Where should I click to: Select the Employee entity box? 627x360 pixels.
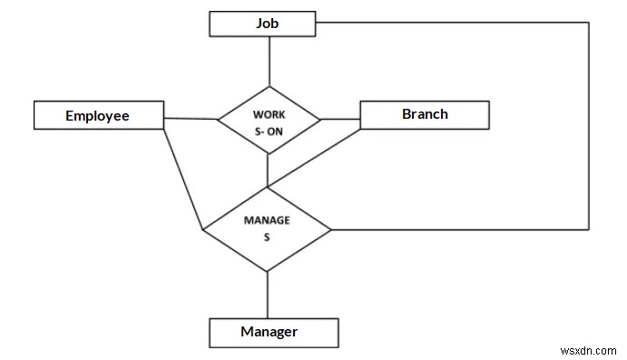coord(98,115)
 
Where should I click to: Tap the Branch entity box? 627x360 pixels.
coord(425,114)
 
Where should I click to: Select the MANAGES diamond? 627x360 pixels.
coord(267,229)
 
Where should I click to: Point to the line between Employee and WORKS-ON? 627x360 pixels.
coord(190,118)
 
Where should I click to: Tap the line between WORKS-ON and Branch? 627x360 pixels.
coord(340,118)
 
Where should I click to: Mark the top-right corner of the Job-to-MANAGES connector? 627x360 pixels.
coord(589,22)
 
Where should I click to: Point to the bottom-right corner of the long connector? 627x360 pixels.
coord(589,229)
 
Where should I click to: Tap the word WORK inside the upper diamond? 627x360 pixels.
coord(268,115)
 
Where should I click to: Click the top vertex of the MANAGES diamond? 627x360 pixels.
coord(268,189)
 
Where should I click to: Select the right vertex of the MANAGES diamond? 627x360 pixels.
coord(332,229)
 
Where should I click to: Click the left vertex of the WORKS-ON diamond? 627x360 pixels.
coord(217,119)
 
